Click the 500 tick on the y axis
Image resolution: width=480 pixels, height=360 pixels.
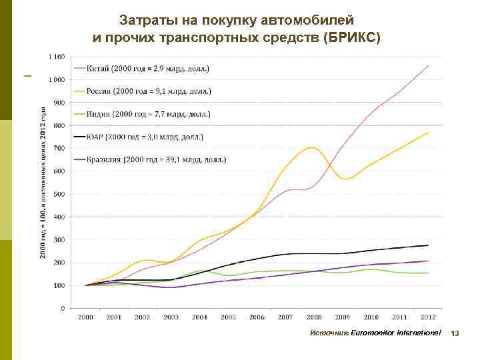(x=59, y=194)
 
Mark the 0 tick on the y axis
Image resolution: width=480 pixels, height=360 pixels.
(x=63, y=308)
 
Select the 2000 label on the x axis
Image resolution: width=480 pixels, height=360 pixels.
(x=85, y=318)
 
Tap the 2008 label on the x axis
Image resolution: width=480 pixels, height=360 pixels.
(x=313, y=318)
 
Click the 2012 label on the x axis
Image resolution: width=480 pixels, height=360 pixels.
(x=428, y=318)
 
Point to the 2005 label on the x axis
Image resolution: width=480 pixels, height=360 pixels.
(x=228, y=318)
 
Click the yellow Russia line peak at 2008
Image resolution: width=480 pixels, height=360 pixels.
(x=311, y=147)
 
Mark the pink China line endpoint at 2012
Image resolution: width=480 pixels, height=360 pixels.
(x=428, y=65)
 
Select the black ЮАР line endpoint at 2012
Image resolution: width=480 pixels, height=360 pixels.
(x=428, y=245)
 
